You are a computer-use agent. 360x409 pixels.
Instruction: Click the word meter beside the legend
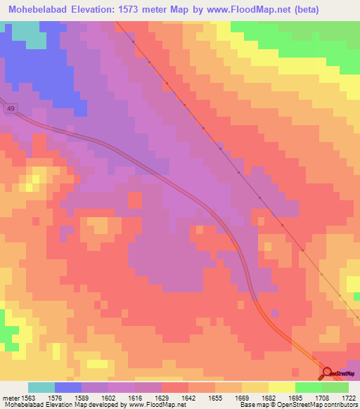pyautogui.click(x=9, y=396)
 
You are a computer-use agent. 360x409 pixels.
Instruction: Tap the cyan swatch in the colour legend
pyautogui.click(x=41, y=387)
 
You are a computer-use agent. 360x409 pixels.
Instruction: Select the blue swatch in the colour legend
pyautogui.click(x=68, y=387)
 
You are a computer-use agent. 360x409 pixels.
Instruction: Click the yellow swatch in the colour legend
pyautogui.click(x=282, y=387)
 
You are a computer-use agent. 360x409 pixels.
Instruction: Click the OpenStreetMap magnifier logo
pyautogui.click(x=327, y=373)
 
